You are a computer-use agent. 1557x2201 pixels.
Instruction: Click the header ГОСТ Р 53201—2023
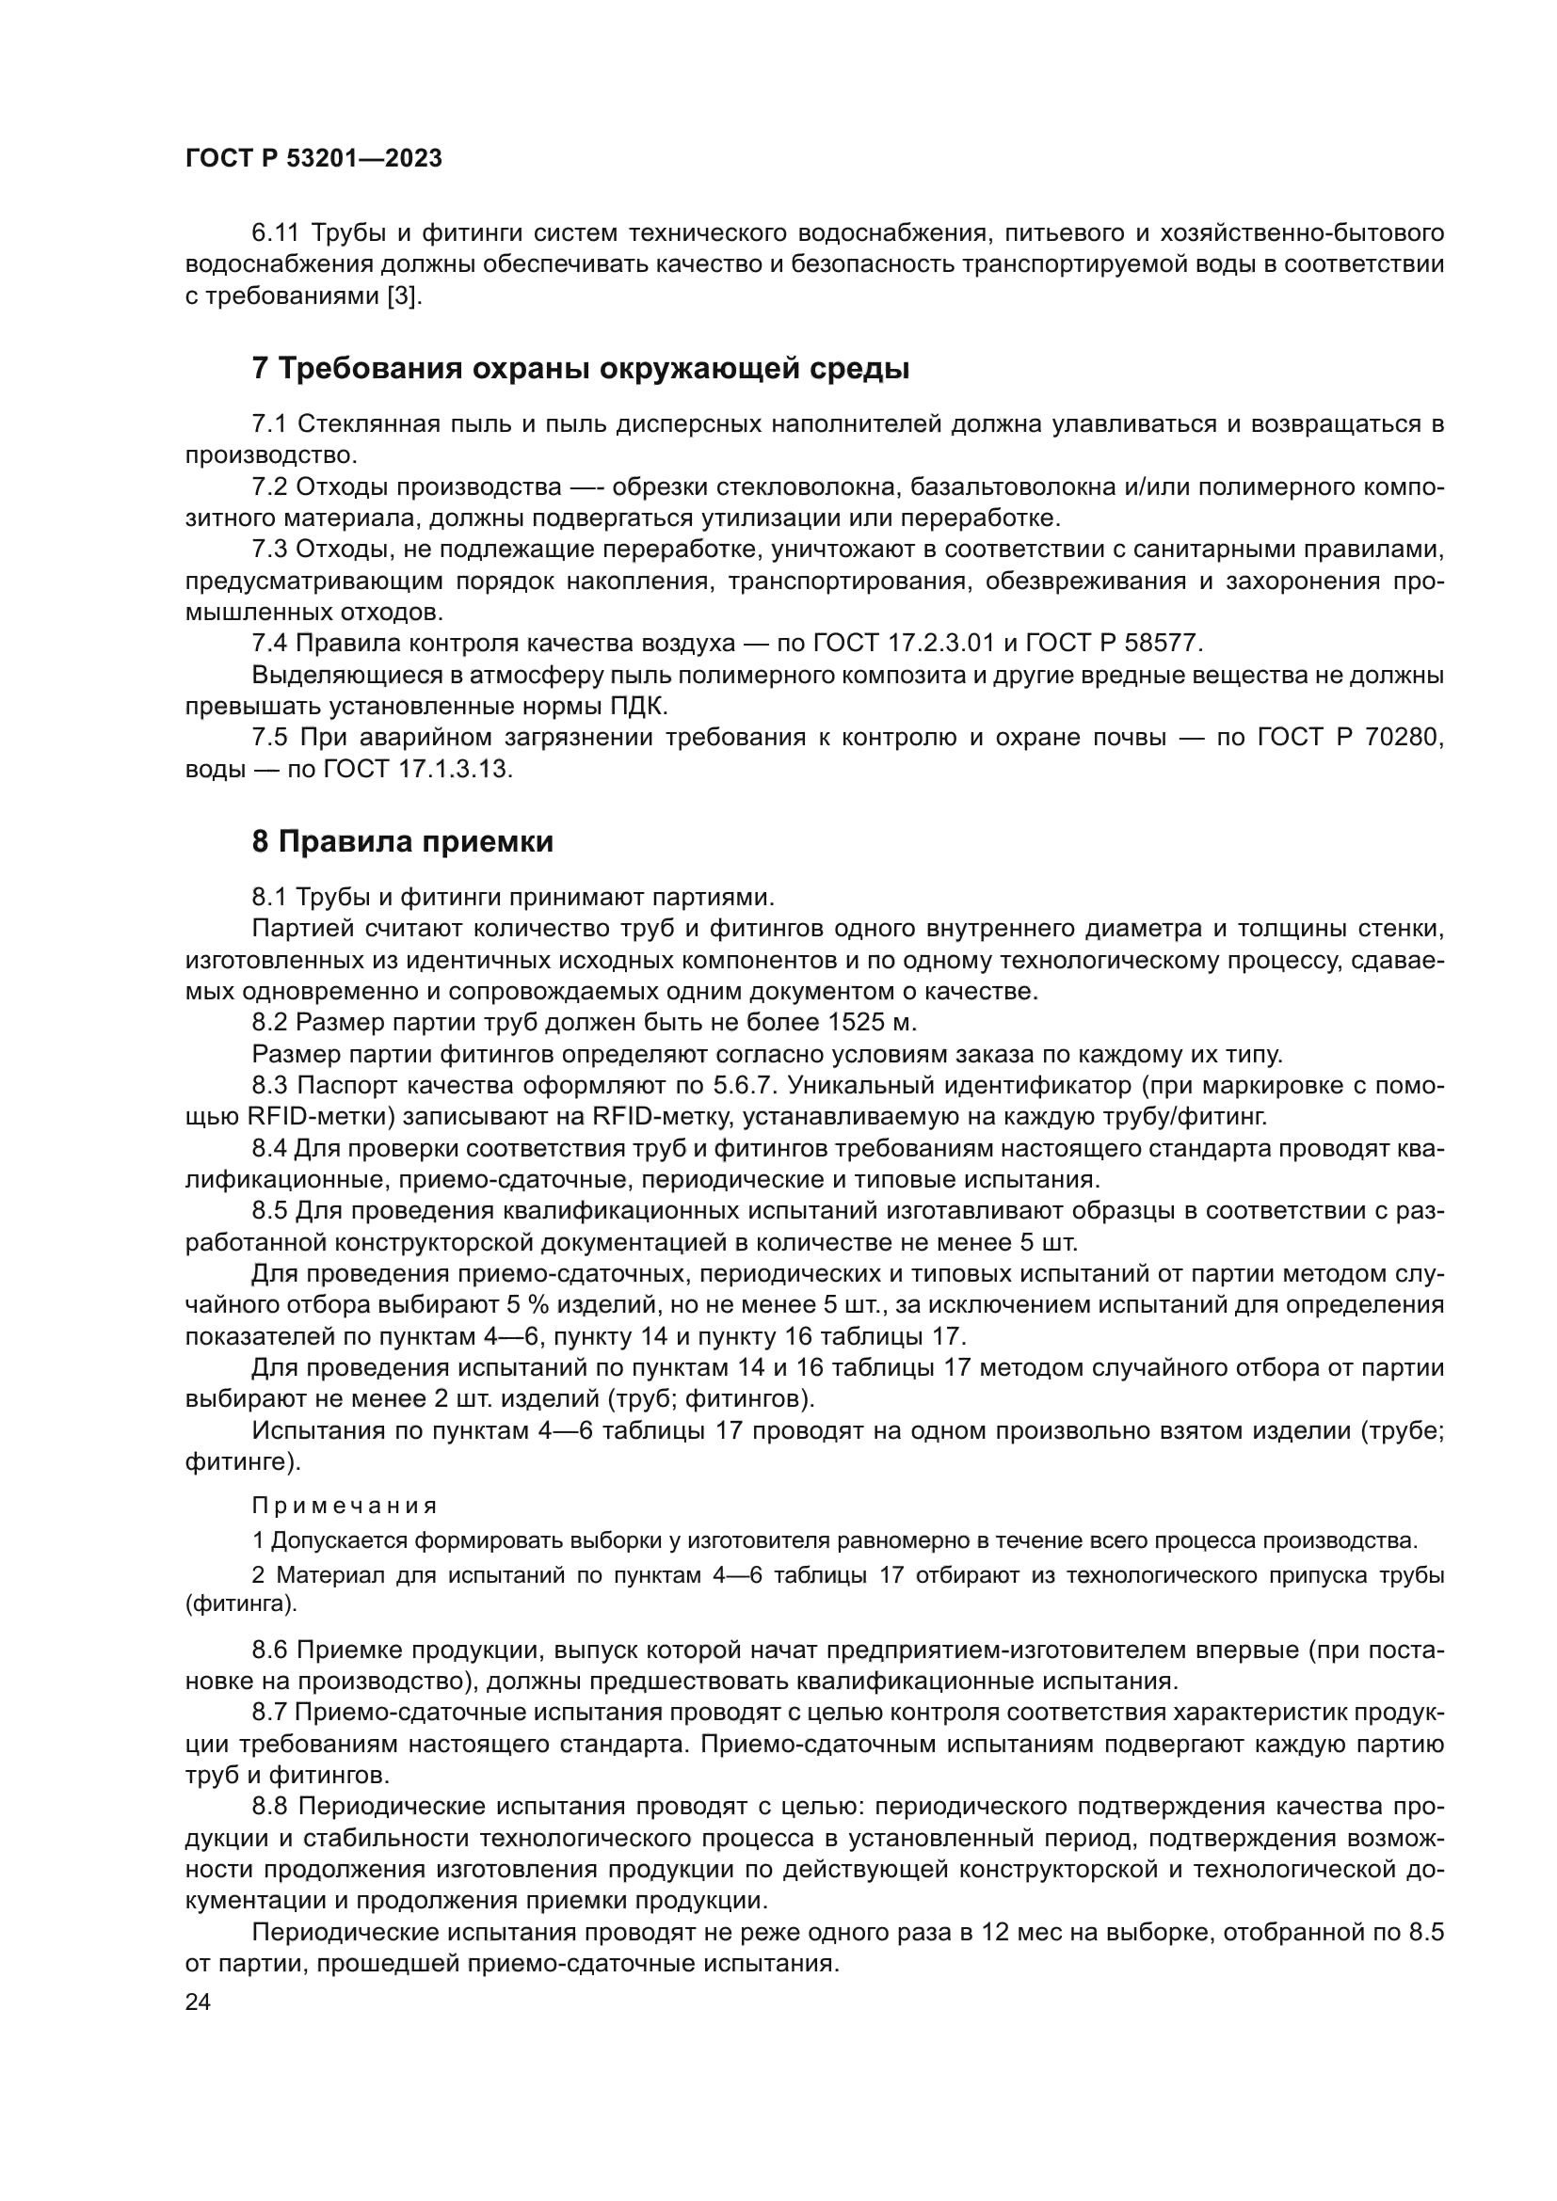(313, 159)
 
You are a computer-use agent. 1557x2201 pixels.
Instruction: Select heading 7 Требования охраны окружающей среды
(580, 368)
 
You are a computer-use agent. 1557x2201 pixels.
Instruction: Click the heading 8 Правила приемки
(403, 841)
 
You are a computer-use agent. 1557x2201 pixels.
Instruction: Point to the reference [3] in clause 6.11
(404, 296)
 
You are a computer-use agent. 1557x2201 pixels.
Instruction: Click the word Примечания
(345, 1506)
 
